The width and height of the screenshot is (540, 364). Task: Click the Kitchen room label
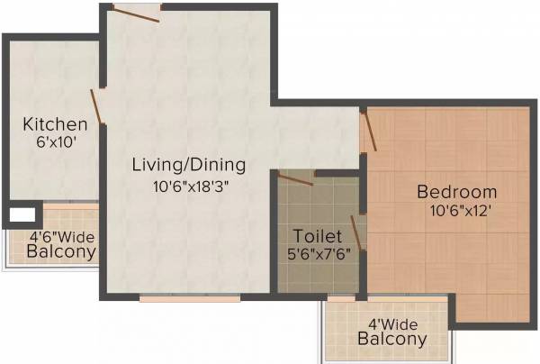pyautogui.click(x=55, y=124)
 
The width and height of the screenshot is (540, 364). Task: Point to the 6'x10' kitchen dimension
pyautogui.click(x=55, y=142)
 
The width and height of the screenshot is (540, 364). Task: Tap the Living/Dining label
pyautogui.click(x=188, y=165)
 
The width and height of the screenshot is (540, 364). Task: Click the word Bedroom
pyautogui.click(x=456, y=192)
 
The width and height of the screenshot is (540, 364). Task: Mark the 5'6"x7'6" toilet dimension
pyautogui.click(x=318, y=254)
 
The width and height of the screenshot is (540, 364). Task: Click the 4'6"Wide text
pyautogui.click(x=61, y=238)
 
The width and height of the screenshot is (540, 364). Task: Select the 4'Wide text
pyautogui.click(x=391, y=322)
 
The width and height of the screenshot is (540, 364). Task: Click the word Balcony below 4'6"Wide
pyautogui.click(x=60, y=253)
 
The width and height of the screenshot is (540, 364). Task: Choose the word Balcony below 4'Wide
pyautogui.click(x=391, y=340)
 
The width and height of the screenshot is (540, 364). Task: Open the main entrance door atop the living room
pyautogui.click(x=136, y=12)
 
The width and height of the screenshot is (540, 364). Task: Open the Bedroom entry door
pyautogui.click(x=368, y=129)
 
